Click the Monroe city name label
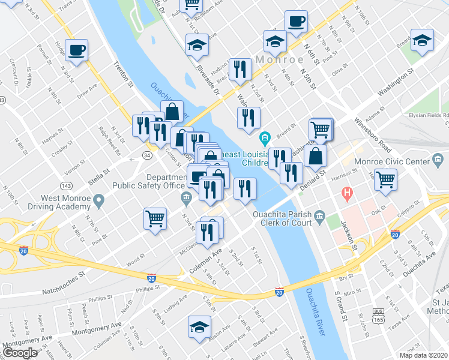coord(280,60)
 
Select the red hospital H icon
coord(346,193)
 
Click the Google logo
coord(20,353)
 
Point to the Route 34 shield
coord(146,155)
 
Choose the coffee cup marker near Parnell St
coord(77,50)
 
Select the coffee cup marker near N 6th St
coord(296,22)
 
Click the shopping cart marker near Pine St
coord(155,218)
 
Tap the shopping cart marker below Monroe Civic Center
coord(387,179)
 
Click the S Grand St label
coord(341,303)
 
